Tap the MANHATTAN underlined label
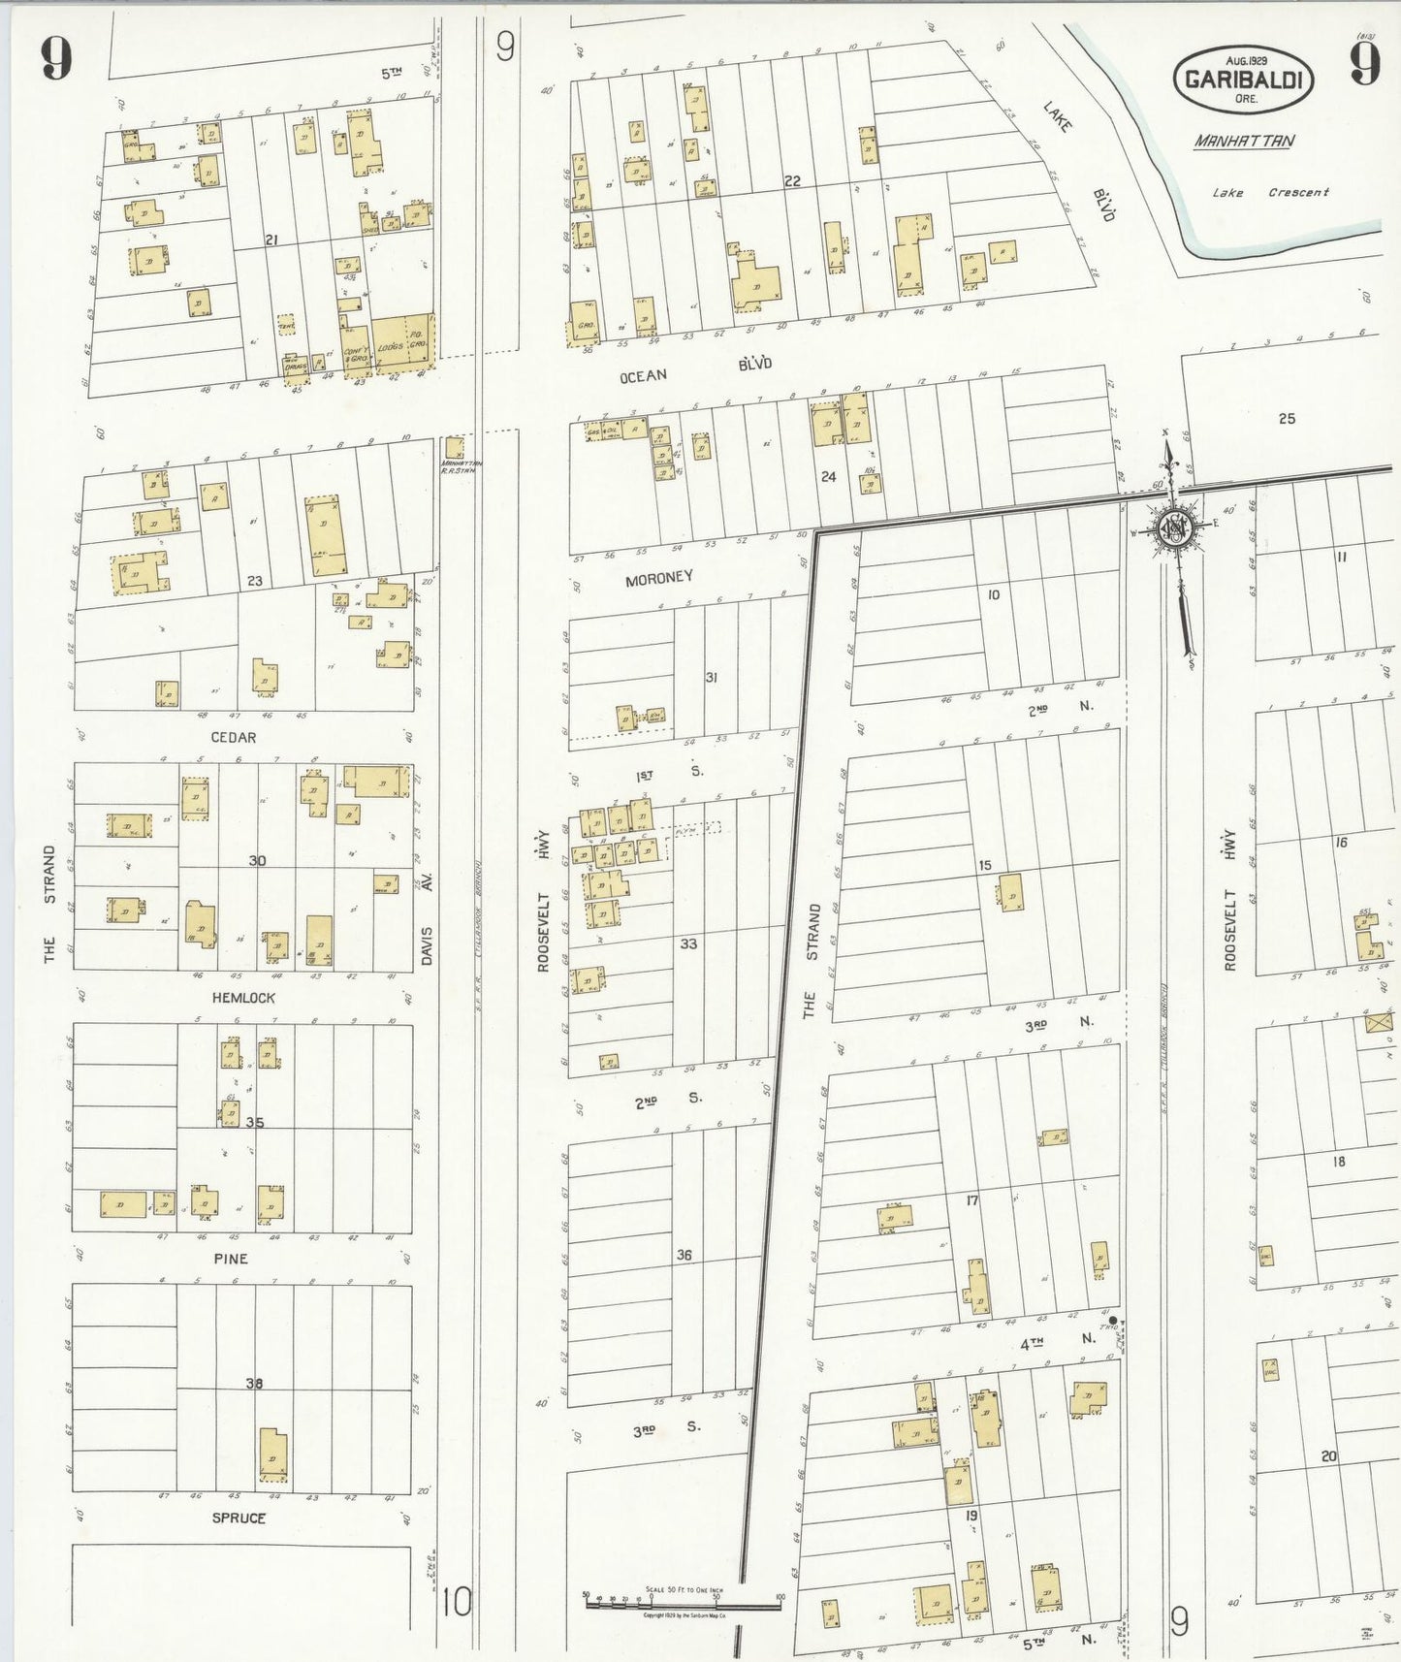pyautogui.click(x=1243, y=141)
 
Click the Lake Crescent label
pyautogui.click(x=1270, y=192)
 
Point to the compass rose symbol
pyautogui.click(x=1174, y=529)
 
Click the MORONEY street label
pyautogui.click(x=658, y=577)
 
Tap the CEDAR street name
pyautogui.click(x=234, y=737)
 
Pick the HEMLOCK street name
pyautogui.click(x=243, y=997)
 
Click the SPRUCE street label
pyautogui.click(x=239, y=1518)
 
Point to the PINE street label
pyautogui.click(x=230, y=1258)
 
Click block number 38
pyautogui.click(x=253, y=1383)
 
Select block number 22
pyautogui.click(x=792, y=181)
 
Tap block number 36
pyautogui.click(x=684, y=1255)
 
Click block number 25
pyautogui.click(x=1286, y=419)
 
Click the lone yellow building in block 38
pyautogui.click(x=272, y=1454)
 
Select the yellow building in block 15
pyautogui.click(x=1010, y=892)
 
